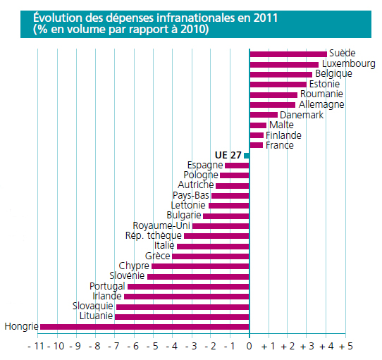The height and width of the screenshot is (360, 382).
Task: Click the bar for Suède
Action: click(x=288, y=54)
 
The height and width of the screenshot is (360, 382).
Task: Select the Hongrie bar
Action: click(x=144, y=327)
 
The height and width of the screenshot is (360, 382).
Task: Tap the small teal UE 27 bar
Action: click(x=247, y=156)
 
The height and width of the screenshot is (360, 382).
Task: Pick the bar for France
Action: click(x=257, y=145)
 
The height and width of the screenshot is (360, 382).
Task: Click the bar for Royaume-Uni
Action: click(x=221, y=226)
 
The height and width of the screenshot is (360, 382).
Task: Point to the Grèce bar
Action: click(x=211, y=256)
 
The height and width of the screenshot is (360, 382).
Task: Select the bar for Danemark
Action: click(x=264, y=115)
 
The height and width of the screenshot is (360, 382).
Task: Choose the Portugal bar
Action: click(x=188, y=287)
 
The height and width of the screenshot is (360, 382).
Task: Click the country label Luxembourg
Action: click(x=349, y=64)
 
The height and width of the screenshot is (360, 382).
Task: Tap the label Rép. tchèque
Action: click(x=153, y=236)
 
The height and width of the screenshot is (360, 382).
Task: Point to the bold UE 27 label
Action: click(x=228, y=155)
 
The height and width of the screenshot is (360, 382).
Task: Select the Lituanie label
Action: click(x=96, y=316)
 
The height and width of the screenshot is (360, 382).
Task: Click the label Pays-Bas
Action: click(x=191, y=195)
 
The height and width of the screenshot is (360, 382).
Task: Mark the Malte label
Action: click(x=281, y=125)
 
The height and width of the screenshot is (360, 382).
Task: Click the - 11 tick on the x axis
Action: click(x=36, y=346)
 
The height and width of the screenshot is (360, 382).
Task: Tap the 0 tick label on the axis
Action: click(x=249, y=346)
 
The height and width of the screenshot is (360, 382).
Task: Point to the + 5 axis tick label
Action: click(x=345, y=346)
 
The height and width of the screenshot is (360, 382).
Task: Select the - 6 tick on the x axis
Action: click(x=132, y=346)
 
